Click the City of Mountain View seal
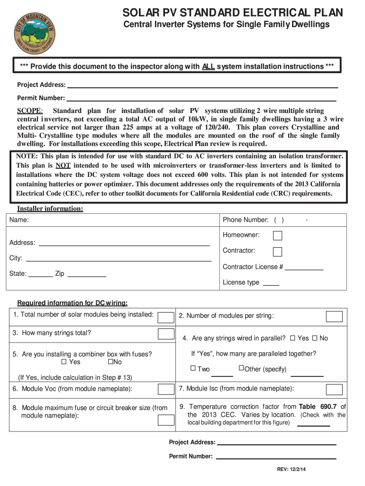point(34,31)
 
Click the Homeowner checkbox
point(278,236)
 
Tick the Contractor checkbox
point(278,252)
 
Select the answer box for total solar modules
point(165,317)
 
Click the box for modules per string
point(334,317)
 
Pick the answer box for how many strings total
point(165,334)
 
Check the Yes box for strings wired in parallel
point(292,338)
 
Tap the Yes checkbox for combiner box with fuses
point(64,362)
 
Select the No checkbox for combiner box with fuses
point(110,362)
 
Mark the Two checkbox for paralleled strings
point(193,368)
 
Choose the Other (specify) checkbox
point(241,368)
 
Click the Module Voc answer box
point(165,390)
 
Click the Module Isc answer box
point(334,390)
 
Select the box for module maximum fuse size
point(165,420)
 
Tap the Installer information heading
point(50,209)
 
